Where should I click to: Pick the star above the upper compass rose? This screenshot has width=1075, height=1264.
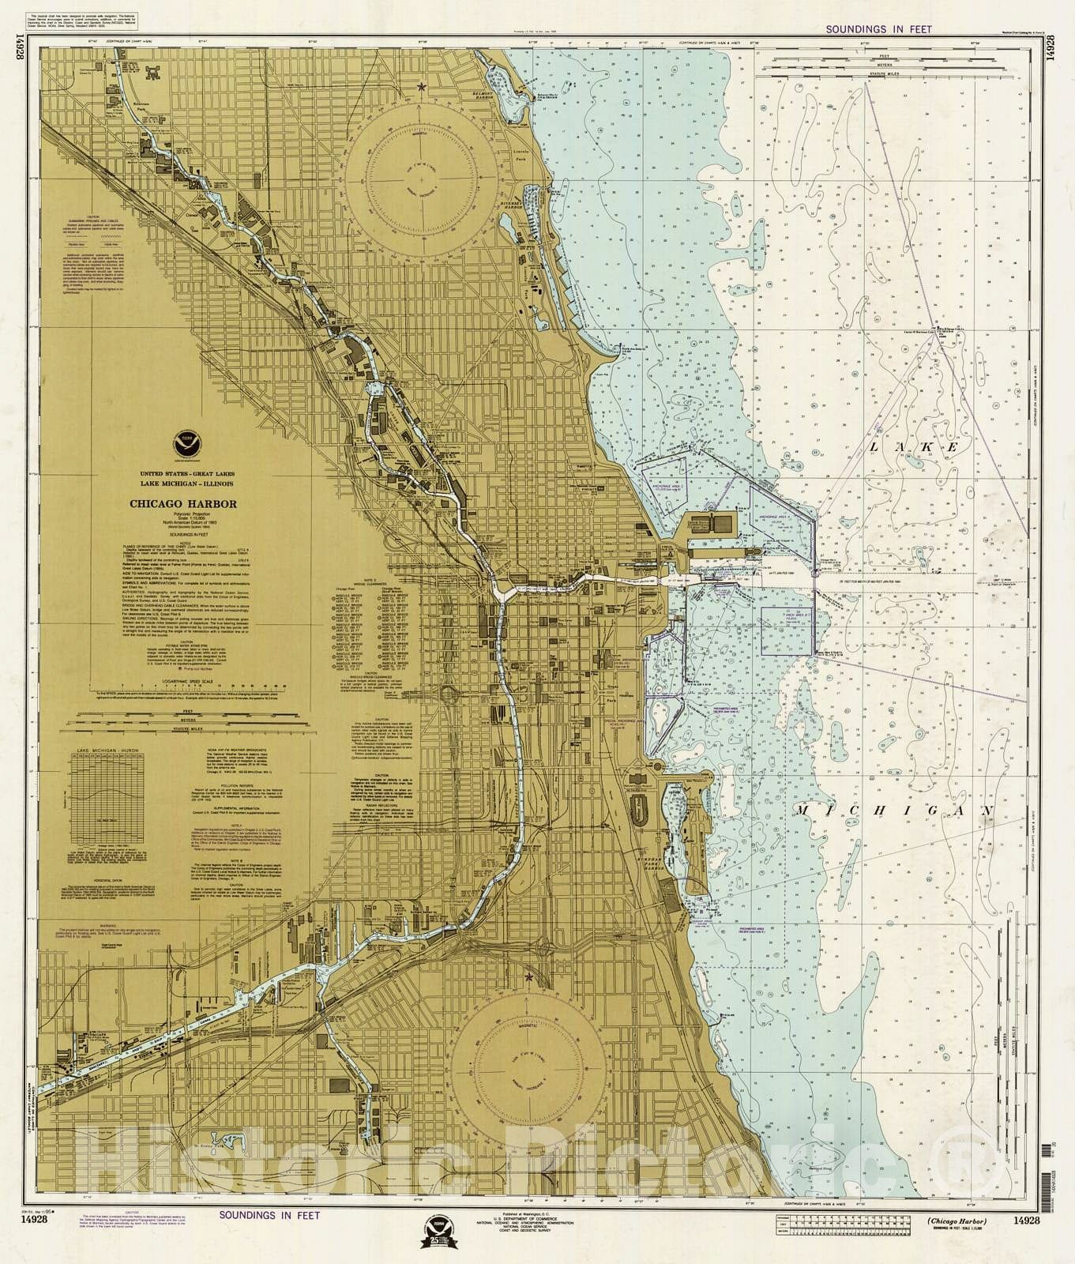[421, 86]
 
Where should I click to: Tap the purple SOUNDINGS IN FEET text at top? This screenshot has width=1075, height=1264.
[878, 29]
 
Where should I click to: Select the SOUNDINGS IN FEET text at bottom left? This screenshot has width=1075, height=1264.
[269, 1237]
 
